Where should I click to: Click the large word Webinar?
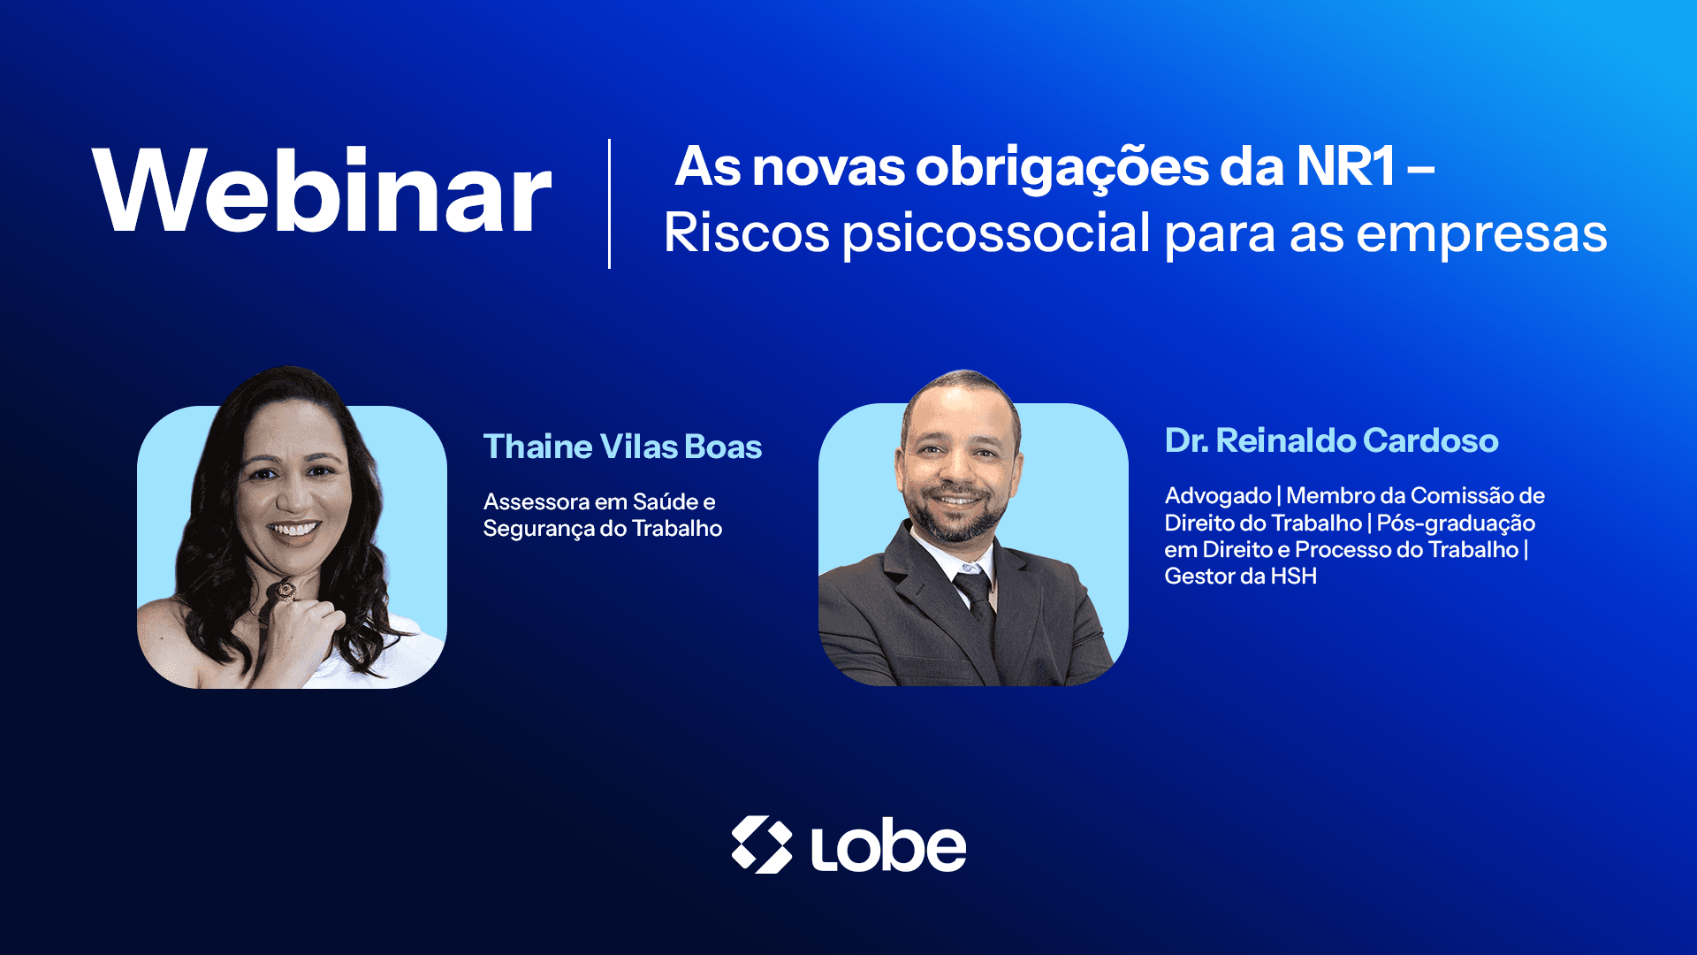323,190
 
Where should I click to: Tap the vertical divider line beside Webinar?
610,203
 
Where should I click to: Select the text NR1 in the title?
1346,166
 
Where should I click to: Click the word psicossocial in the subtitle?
997,233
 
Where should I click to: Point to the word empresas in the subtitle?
1481,235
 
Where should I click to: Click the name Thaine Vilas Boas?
622,447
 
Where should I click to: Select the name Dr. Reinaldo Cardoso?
1331,440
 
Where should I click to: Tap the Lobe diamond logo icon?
762,844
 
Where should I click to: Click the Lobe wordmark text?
888,846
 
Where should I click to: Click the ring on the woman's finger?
285,589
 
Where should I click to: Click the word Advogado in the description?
1218,496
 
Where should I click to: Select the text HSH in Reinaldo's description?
1293,577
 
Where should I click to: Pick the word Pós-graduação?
1456,523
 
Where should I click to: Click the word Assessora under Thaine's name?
536,502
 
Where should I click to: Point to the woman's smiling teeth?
294,530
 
